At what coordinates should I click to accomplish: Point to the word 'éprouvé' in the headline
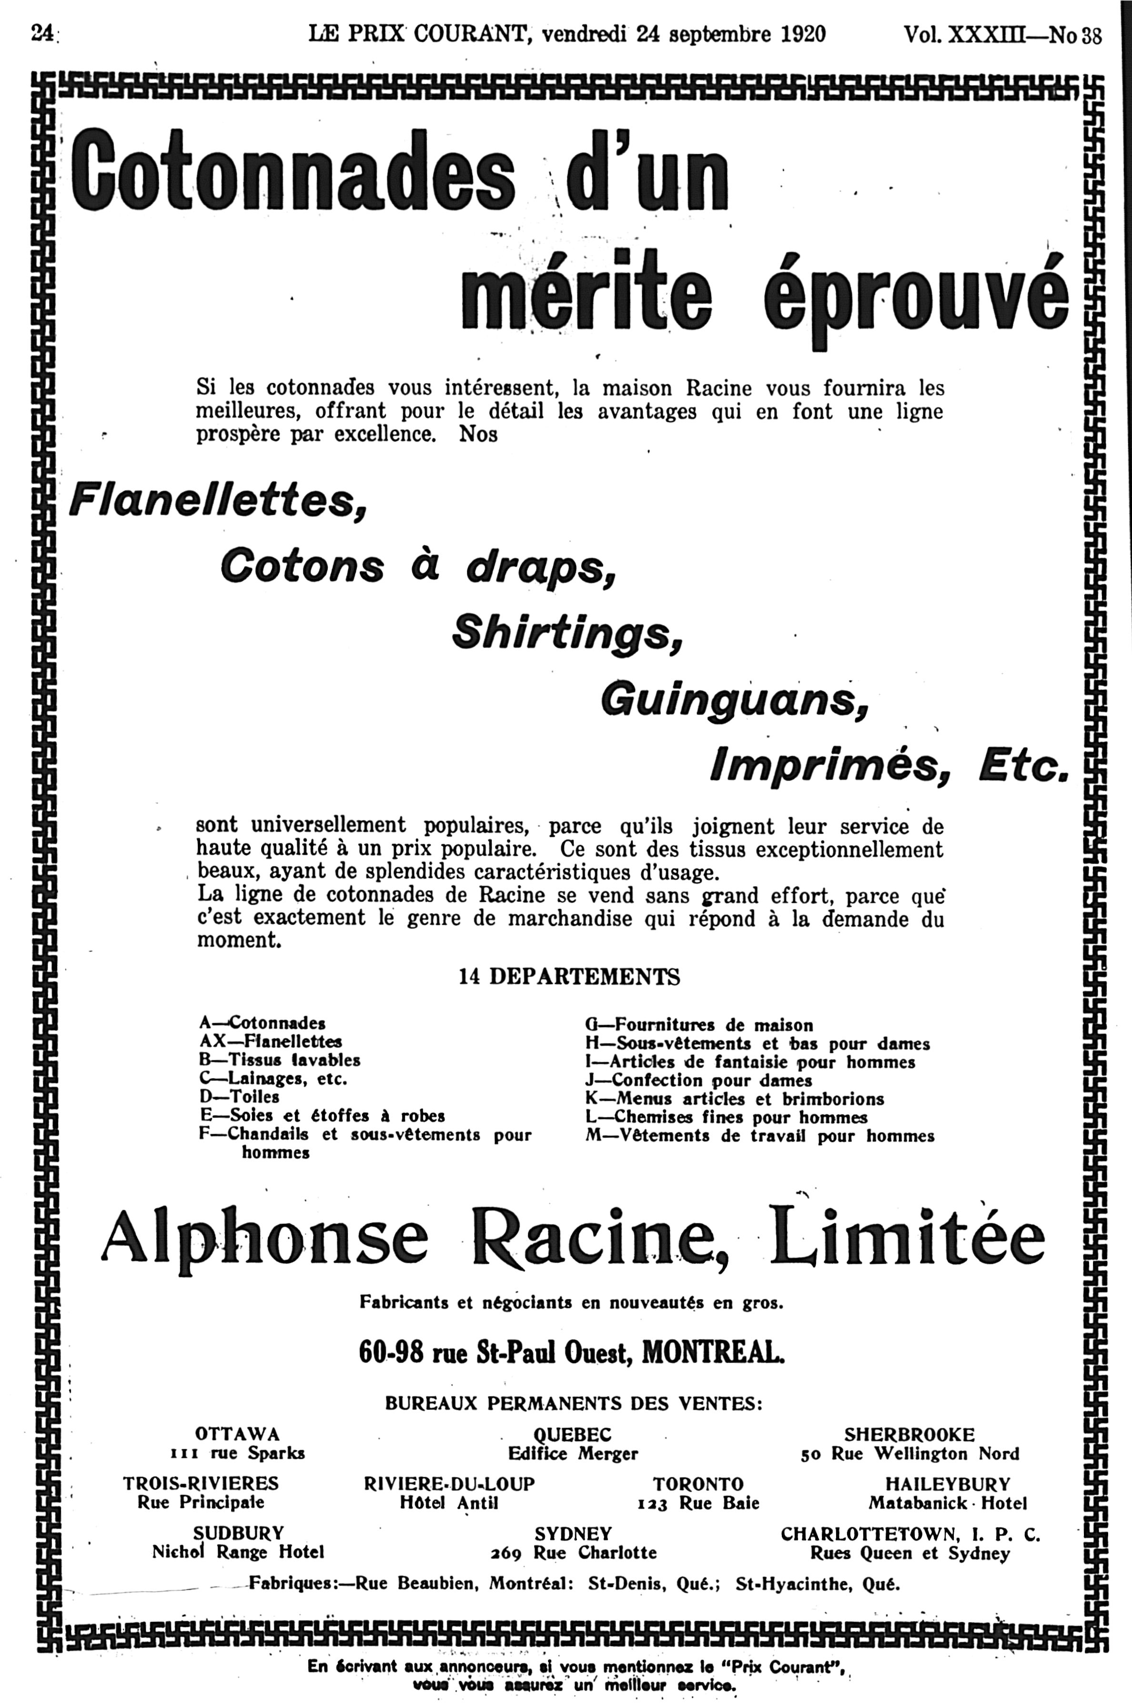click(915, 296)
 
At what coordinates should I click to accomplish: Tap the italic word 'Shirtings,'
click(567, 632)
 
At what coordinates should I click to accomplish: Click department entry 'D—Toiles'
click(239, 1097)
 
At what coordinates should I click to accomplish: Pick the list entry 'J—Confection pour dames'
click(698, 1080)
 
